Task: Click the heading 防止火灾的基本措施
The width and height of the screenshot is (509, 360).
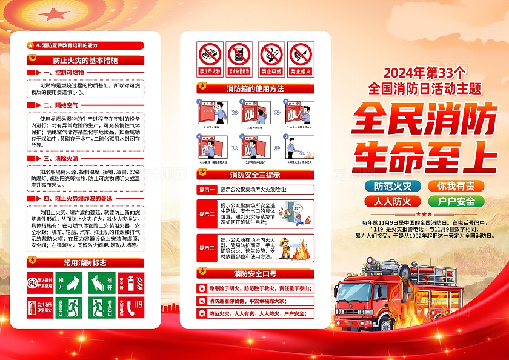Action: pos(85,61)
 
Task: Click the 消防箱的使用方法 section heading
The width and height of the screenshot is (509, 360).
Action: pos(255,89)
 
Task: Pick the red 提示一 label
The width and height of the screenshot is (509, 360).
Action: pos(207,189)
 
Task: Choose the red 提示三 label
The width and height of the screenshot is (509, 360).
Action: pos(207,248)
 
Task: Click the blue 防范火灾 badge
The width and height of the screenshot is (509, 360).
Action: pos(393,186)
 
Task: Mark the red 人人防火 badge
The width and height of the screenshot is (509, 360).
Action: pos(393,201)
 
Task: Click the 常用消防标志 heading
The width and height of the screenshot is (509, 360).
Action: pos(85,263)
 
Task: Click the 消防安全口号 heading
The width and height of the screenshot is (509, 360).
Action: pos(255,273)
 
